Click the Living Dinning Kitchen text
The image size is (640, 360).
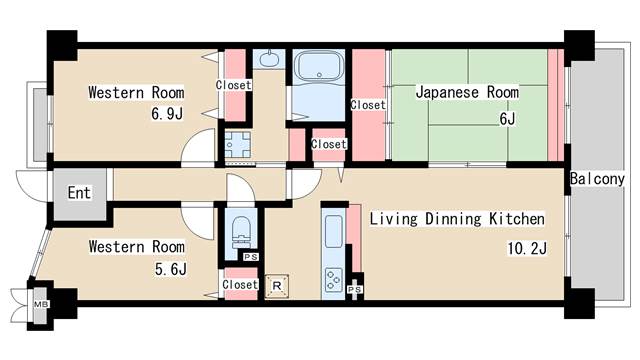point(457,218)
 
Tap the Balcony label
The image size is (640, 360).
point(597,179)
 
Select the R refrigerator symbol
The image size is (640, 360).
point(277,285)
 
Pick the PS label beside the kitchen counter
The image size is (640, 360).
point(354,290)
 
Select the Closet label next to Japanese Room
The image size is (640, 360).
point(367,104)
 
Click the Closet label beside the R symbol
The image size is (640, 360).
point(240,285)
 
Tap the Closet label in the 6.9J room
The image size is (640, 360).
point(233,86)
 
